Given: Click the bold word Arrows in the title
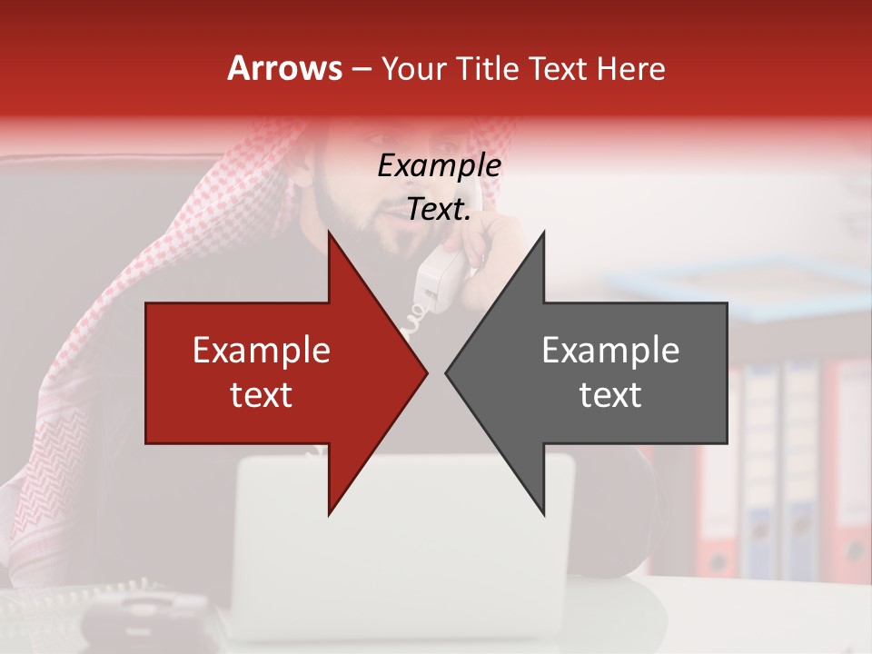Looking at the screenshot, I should click(284, 68).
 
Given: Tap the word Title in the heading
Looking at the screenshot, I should click(487, 68).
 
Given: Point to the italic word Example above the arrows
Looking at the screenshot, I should click(439, 165).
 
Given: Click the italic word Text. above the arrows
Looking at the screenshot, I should click(439, 210).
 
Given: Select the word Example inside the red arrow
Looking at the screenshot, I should click(261, 351).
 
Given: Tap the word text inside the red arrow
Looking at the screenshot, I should click(261, 395).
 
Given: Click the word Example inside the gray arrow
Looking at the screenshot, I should click(610, 351).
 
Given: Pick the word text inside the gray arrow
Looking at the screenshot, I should click(610, 395).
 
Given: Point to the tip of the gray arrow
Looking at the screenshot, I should click(448, 372).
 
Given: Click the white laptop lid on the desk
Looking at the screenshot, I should click(404, 545).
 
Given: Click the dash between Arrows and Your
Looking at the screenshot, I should click(361, 69).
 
